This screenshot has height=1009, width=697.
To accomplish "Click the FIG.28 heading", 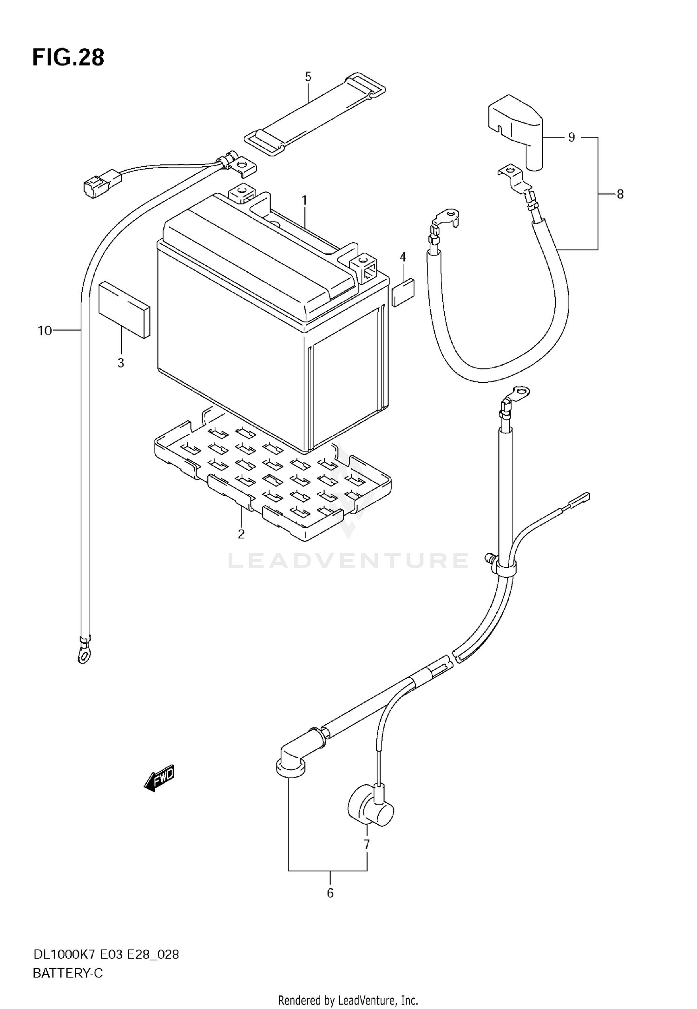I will tap(68, 58).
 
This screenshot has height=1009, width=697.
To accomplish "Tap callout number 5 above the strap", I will tap(308, 77).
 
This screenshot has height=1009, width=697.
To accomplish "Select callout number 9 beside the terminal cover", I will tap(572, 138).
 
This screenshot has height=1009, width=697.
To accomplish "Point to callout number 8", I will tap(620, 194).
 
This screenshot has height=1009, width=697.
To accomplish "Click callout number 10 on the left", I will tap(45, 331).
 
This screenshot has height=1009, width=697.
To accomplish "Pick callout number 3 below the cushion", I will tap(121, 363).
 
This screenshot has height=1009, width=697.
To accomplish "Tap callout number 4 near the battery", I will tap(403, 257).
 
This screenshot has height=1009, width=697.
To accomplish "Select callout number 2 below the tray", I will tap(241, 534).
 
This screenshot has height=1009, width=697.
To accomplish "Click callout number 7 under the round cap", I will tap(367, 845).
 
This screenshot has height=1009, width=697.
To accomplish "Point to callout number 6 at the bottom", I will tap(330, 893).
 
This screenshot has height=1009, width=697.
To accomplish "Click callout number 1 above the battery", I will tap(304, 201).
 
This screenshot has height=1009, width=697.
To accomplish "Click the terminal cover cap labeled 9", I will tap(516, 128).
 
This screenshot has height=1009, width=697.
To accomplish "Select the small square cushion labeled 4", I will tap(403, 293).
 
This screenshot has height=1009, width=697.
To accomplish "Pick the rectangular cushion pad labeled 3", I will tap(125, 308).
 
